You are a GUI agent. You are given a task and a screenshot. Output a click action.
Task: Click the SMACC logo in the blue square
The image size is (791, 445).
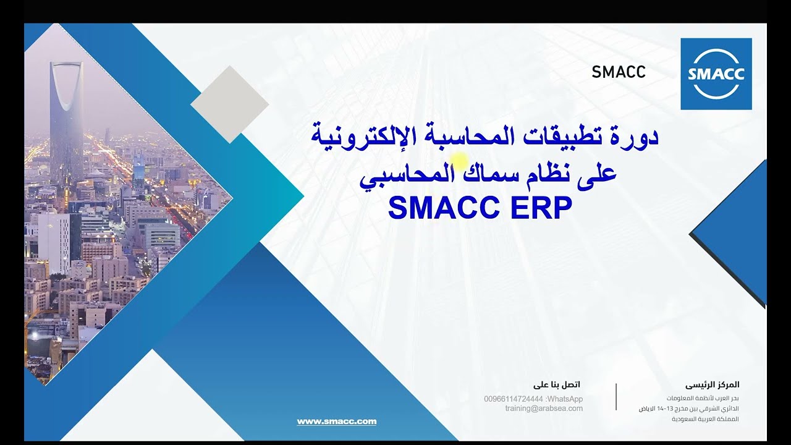coord(716,74)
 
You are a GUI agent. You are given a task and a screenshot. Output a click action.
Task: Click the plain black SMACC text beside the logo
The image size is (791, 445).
coord(618,72)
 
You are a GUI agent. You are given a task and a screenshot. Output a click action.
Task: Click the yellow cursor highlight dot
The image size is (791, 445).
coord(459,162)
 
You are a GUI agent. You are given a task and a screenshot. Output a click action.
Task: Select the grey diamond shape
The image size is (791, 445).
coord(230,104)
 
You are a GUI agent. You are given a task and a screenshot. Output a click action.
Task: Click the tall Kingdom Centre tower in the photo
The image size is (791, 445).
coord(66,117)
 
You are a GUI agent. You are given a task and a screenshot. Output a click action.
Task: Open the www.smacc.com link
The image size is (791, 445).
coord(337,422)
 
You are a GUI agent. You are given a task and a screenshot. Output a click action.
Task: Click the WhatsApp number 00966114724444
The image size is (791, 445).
coord(514,399)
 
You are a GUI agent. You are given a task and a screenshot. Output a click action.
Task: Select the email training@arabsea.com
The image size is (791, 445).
coord(544,409)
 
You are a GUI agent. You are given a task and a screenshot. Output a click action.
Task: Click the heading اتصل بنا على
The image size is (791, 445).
coord(557,385)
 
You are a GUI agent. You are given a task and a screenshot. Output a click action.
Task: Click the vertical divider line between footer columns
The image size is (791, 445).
coord(616,396)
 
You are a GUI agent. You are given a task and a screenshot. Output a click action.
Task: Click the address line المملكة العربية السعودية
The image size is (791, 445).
coord(705,419)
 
